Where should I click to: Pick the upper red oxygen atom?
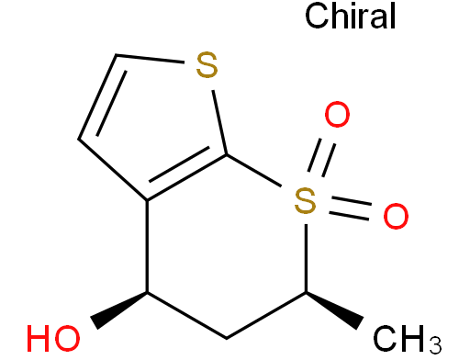coord(338,117)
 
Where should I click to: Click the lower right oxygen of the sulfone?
coord(394,217)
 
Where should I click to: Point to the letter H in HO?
coord(40,337)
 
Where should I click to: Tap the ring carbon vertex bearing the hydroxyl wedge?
coord(147,292)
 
